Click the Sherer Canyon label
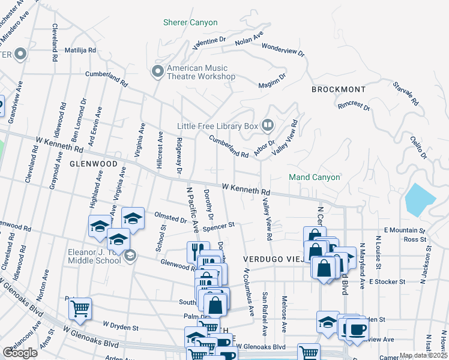tap(190, 23)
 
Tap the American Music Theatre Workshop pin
tap(158, 72)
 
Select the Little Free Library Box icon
tap(268, 126)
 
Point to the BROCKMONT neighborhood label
tap(339, 89)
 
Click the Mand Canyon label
tap(314, 178)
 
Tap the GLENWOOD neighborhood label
tap(93, 163)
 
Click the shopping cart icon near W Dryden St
tap(80, 309)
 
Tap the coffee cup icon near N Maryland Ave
tap(357, 329)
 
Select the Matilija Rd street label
tap(80, 50)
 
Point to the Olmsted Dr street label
tap(171, 218)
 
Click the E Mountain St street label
tap(404, 230)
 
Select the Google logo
tap(20, 353)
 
